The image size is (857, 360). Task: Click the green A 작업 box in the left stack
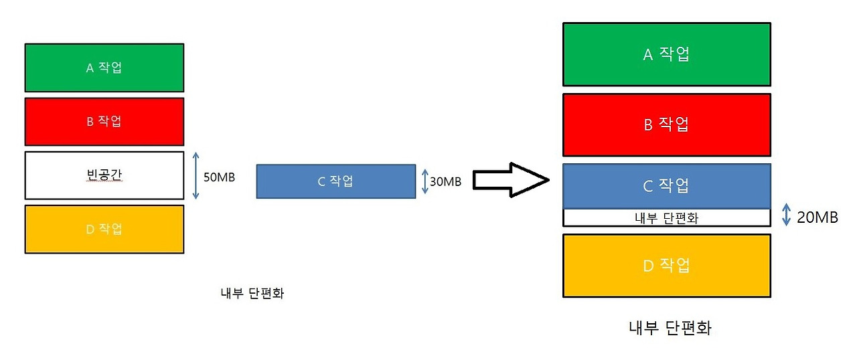coord(104,68)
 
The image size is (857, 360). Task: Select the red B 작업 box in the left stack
coord(104,121)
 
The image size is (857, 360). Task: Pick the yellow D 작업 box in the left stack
coord(104,229)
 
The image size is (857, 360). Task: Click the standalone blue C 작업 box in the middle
coord(335,181)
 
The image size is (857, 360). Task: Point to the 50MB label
coord(218,177)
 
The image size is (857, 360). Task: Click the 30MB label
coord(445,181)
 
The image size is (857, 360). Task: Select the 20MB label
coord(817,217)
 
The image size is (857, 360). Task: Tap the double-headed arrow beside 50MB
coord(196,175)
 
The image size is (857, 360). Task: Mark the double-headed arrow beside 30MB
coord(424,181)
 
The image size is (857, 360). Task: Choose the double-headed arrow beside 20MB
coord(787,215)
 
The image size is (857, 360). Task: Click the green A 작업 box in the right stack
coord(666,54)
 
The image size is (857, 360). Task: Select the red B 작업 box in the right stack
coord(666,124)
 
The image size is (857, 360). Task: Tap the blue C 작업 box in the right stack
coord(666,185)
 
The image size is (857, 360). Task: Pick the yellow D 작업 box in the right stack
coord(666,266)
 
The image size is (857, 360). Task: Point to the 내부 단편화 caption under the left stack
coord(252,293)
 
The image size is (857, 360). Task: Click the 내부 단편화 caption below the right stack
coord(670,329)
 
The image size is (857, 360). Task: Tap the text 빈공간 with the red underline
coord(104,175)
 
